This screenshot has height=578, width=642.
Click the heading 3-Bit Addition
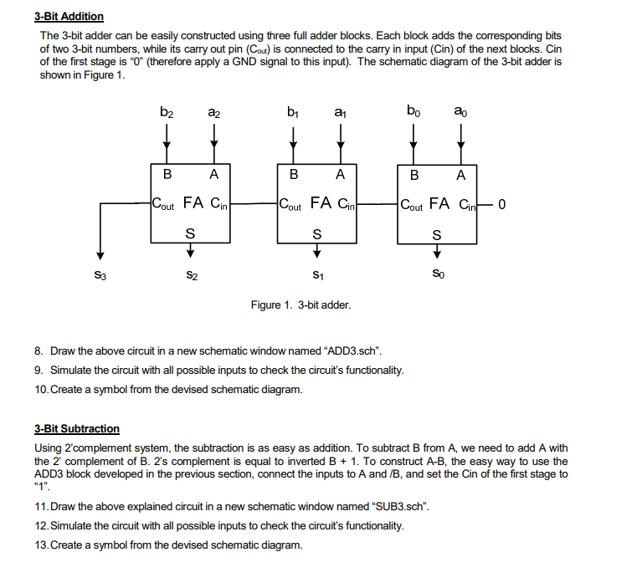pos(69,16)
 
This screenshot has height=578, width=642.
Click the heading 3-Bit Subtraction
pos(76,428)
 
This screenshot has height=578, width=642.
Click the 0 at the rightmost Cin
pos(501,202)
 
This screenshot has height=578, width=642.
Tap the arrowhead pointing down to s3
pos(100,255)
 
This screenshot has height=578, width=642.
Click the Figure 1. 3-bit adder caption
pos(300,304)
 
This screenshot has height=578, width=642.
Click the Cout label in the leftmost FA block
pos(164,203)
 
